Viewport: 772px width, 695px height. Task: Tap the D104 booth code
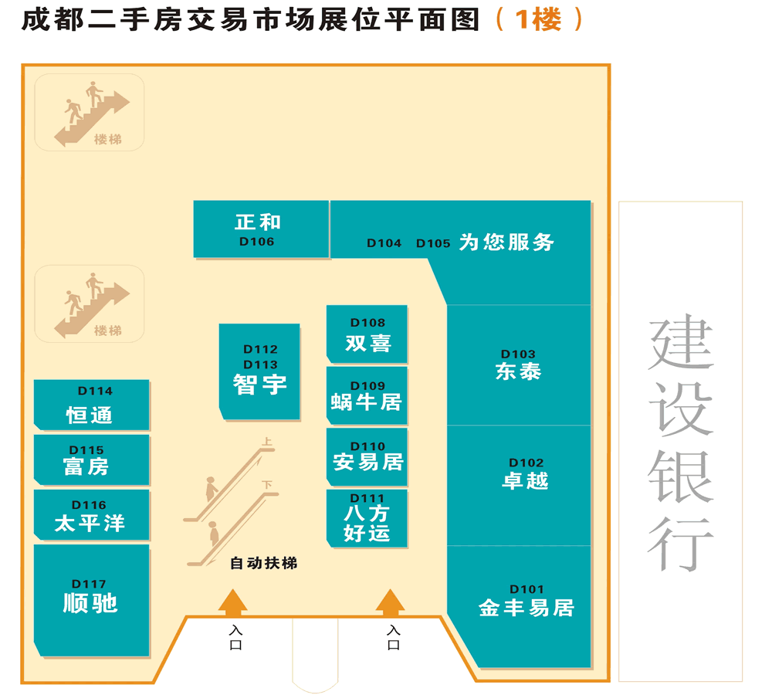pyautogui.click(x=384, y=243)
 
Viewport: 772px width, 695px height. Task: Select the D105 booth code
pyautogui.click(x=433, y=243)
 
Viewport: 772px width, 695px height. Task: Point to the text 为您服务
pyautogui.click(x=507, y=242)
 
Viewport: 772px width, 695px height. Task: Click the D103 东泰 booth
pyautogui.click(x=518, y=364)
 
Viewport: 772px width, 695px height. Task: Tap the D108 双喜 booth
pyautogui.click(x=367, y=334)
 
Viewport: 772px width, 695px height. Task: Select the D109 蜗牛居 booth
pyautogui.click(x=367, y=395)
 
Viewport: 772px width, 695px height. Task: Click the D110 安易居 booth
pyautogui.click(x=367, y=456)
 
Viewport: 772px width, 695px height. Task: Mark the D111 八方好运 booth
pyautogui.click(x=367, y=517)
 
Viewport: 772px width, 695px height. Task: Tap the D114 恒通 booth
pyautogui.click(x=91, y=405)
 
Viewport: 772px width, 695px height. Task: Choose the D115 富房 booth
pyautogui.click(x=91, y=459)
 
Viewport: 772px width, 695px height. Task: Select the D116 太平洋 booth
pyautogui.click(x=91, y=515)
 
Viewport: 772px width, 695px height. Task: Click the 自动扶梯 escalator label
pyautogui.click(x=263, y=564)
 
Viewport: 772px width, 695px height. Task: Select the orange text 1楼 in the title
pyautogui.click(x=537, y=20)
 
